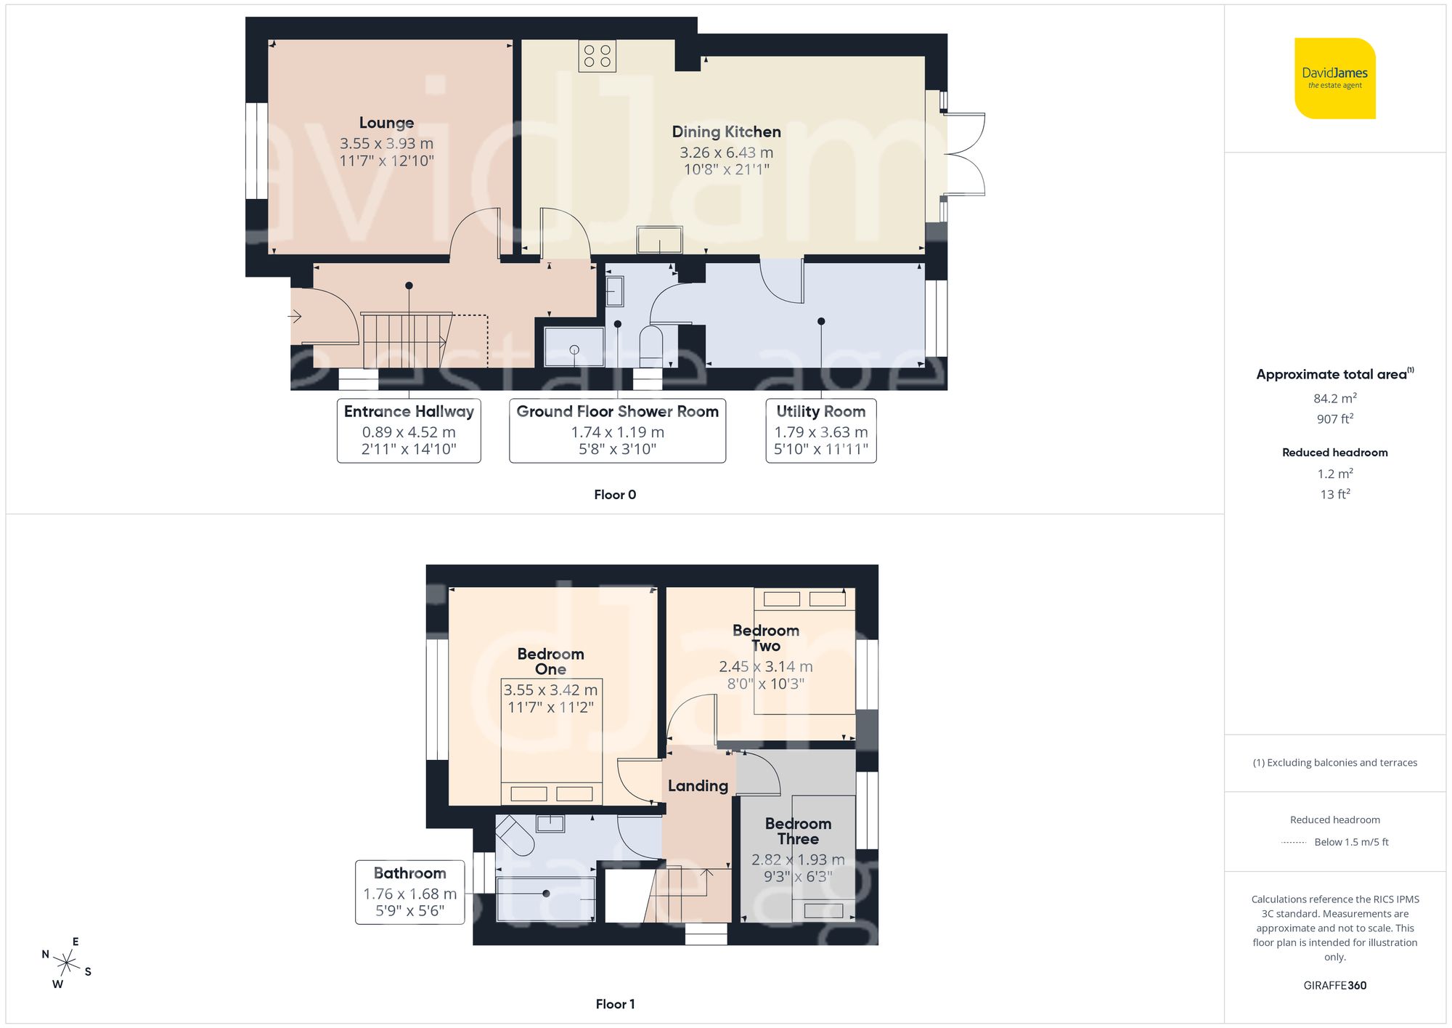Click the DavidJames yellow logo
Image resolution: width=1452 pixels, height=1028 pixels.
(1334, 78)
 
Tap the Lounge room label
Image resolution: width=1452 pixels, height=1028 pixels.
(386, 123)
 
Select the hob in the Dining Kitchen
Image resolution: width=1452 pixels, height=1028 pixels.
(597, 56)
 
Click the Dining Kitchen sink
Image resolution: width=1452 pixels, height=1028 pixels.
(659, 240)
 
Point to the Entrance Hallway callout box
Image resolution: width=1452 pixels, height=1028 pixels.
(409, 430)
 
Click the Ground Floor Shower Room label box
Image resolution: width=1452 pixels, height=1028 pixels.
(617, 430)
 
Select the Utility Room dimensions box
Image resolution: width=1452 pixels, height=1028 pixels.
(820, 430)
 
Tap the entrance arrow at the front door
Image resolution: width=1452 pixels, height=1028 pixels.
(295, 316)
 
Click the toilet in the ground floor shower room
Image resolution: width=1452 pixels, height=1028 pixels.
(650, 346)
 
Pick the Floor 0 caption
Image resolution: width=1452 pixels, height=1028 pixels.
(614, 495)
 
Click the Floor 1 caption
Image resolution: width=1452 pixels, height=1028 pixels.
(614, 1004)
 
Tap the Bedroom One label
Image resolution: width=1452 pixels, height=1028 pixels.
(550, 661)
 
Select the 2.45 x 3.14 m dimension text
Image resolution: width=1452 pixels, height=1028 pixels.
(765, 666)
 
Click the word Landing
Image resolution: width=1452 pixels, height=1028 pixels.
(698, 785)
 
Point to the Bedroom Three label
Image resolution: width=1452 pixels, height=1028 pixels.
(798, 831)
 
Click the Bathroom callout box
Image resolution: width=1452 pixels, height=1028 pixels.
(409, 892)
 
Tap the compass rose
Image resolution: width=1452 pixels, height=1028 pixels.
(66, 963)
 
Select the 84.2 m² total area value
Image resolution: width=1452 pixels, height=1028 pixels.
(1334, 398)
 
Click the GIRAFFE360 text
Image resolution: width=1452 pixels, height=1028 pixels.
(1334, 985)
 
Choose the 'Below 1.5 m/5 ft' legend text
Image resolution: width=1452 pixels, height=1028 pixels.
(1350, 842)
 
